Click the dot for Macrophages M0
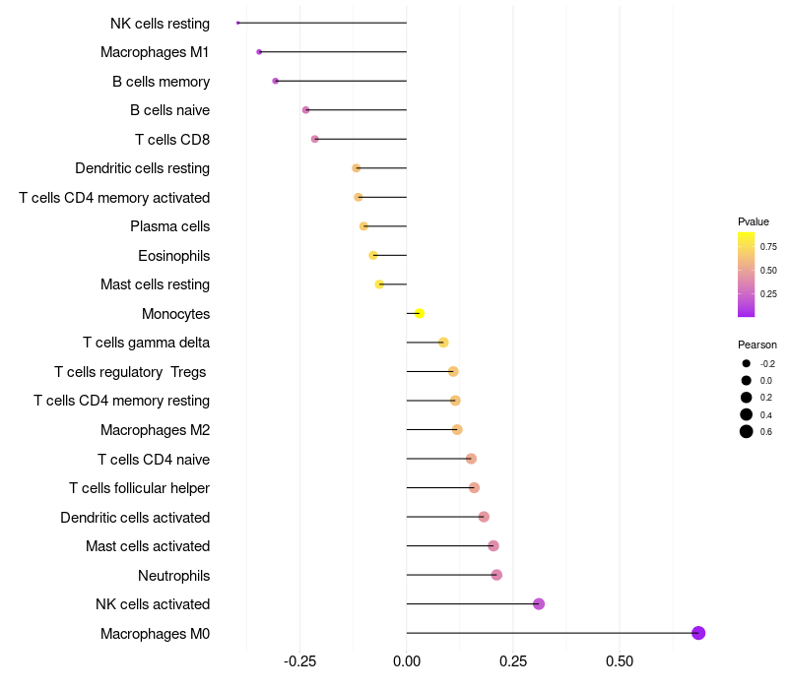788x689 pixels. coord(698,633)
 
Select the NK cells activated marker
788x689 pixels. coord(539,603)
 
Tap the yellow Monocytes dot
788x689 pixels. coord(420,313)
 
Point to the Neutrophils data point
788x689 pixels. coord(496,575)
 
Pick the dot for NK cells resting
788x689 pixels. coord(238,23)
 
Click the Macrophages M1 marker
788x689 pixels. coord(259,51)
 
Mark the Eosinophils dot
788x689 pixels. coord(373,255)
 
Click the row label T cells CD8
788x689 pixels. coord(172,140)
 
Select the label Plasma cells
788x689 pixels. coord(169,226)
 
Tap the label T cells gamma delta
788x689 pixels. coord(146,343)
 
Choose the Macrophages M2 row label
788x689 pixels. coord(155,430)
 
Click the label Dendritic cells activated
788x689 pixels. coord(135,517)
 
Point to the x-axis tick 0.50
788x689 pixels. coord(620,661)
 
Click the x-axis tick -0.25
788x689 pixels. coord(299,661)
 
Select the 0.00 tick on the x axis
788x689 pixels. coord(407,661)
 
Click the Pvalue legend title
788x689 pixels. coord(754,221)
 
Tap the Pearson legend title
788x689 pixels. coord(757,344)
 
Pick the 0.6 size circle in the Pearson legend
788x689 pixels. coord(747,431)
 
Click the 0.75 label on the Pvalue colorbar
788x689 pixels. coord(768,246)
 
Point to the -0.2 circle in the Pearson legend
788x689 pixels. coord(747,363)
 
